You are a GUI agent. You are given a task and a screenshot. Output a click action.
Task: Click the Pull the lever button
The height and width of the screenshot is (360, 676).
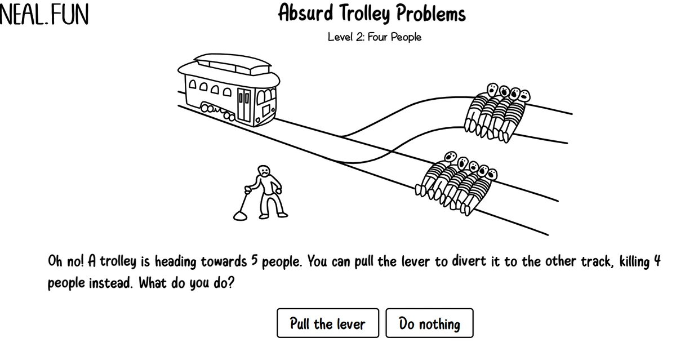[328, 323]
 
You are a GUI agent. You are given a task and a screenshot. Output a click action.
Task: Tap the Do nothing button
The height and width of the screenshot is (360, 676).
[429, 323]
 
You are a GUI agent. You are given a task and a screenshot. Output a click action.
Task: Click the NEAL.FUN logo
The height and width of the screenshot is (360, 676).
[44, 15]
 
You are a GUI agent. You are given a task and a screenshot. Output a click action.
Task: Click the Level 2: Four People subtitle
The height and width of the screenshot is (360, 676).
[375, 37]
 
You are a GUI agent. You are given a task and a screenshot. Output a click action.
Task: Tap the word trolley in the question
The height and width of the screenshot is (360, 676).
[118, 261]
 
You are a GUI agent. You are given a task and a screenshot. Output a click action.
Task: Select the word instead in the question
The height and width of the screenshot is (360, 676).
[111, 283]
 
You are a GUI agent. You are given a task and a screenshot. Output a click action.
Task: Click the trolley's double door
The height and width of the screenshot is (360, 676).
[244, 105]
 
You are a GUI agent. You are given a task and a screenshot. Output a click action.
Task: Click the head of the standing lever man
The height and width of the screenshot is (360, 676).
[264, 171]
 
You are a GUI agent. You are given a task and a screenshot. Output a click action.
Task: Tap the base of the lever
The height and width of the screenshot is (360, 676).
[240, 216]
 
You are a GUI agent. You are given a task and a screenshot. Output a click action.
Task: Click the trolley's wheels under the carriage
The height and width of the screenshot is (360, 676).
[218, 112]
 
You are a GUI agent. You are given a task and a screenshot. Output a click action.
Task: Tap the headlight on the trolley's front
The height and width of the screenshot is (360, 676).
[257, 121]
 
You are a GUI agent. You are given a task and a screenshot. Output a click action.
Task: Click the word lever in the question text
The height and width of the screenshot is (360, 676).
[415, 261]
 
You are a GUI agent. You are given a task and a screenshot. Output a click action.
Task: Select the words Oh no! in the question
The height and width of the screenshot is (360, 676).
[66, 261]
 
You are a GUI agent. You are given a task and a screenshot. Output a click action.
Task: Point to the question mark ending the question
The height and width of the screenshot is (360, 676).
[231, 283]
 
